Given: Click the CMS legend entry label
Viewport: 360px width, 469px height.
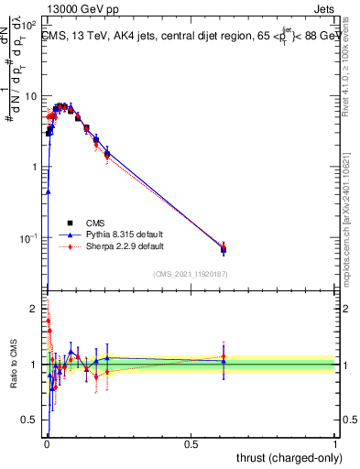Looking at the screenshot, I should tap(93, 223).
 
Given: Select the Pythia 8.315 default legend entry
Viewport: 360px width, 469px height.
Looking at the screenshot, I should tap(123, 234).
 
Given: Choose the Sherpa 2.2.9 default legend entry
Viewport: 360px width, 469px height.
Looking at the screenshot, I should tap(124, 246).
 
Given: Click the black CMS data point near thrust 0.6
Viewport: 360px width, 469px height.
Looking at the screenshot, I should tap(224, 249).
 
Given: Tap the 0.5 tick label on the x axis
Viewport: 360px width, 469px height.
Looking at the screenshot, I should tap(191, 443).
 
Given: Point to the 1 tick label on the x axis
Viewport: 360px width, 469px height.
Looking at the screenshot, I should tap(335, 443).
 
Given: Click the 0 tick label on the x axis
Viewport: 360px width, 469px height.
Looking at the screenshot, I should tap(47, 443).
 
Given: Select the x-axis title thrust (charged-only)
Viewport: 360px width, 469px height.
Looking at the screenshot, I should tap(289, 457).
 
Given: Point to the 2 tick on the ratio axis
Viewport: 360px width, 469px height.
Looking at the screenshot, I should tap(33, 309).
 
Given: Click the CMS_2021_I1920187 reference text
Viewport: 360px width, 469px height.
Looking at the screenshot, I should tap(189, 275).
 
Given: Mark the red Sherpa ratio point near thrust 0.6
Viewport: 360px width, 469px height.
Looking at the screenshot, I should tap(224, 356).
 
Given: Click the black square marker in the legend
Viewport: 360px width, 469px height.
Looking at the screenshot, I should tap(69, 223).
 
